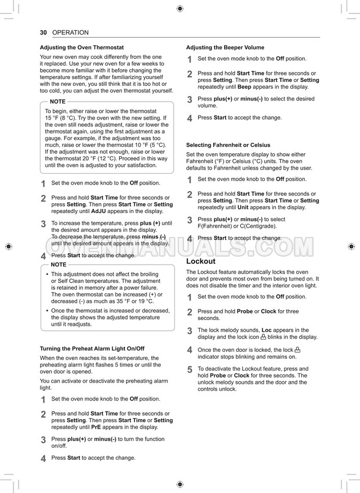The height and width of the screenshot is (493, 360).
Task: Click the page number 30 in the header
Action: (x=43, y=33)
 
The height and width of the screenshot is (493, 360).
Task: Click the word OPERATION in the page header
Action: (x=70, y=33)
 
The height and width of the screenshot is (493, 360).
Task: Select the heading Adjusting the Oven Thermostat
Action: (x=81, y=48)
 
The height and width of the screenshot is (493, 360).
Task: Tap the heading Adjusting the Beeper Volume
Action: (x=225, y=48)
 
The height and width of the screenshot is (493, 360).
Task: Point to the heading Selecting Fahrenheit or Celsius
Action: (x=228, y=145)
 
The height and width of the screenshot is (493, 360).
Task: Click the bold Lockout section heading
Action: (x=200, y=261)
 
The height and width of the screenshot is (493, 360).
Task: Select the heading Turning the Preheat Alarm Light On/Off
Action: (x=92, y=348)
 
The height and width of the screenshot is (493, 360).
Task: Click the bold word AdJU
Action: (x=99, y=211)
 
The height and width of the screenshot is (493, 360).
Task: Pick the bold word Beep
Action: (x=244, y=87)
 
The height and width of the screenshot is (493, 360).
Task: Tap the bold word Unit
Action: (x=243, y=207)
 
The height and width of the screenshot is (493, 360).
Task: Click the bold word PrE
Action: (x=96, y=427)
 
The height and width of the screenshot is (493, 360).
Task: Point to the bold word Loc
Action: (x=267, y=330)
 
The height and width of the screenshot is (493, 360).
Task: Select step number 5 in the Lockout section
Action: (x=189, y=370)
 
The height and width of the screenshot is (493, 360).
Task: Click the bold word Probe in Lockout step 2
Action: (x=244, y=311)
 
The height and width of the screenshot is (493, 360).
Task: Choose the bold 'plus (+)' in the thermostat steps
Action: (x=150, y=223)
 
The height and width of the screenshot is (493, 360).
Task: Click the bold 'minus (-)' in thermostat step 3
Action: (x=153, y=237)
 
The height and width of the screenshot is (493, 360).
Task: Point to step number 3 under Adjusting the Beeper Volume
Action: (x=189, y=100)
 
